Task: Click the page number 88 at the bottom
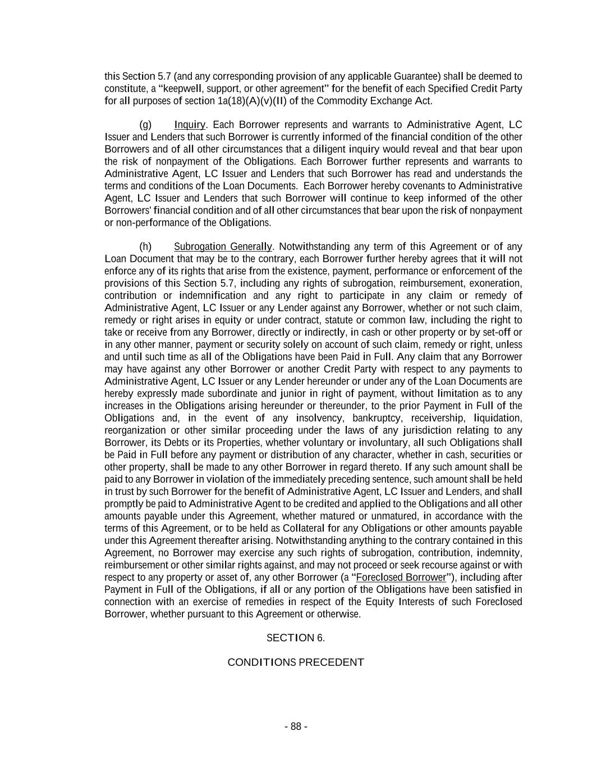296,727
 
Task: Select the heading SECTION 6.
296,638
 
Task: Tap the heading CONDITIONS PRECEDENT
296,662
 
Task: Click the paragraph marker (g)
145,125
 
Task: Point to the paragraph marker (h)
145,247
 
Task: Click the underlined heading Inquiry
190,125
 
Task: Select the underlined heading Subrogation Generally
223,247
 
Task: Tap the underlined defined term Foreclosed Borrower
401,578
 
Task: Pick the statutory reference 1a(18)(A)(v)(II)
251,101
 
